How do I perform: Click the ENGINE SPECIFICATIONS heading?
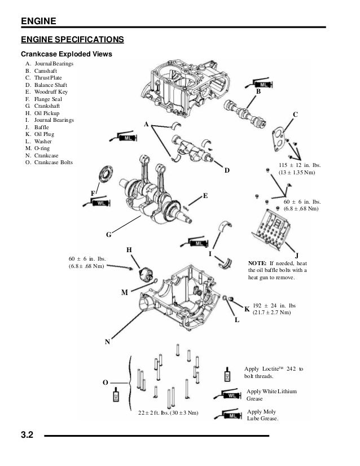pyautogui.click(x=72, y=39)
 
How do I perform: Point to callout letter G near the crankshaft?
pyautogui.click(x=109, y=234)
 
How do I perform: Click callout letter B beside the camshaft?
pyautogui.click(x=258, y=91)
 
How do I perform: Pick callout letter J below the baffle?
pyautogui.click(x=297, y=255)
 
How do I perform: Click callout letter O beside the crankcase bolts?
pyautogui.click(x=105, y=383)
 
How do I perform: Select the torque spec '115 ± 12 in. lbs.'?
pyautogui.click(x=298, y=165)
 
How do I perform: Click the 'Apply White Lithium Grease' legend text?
pyautogui.click(x=272, y=394)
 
